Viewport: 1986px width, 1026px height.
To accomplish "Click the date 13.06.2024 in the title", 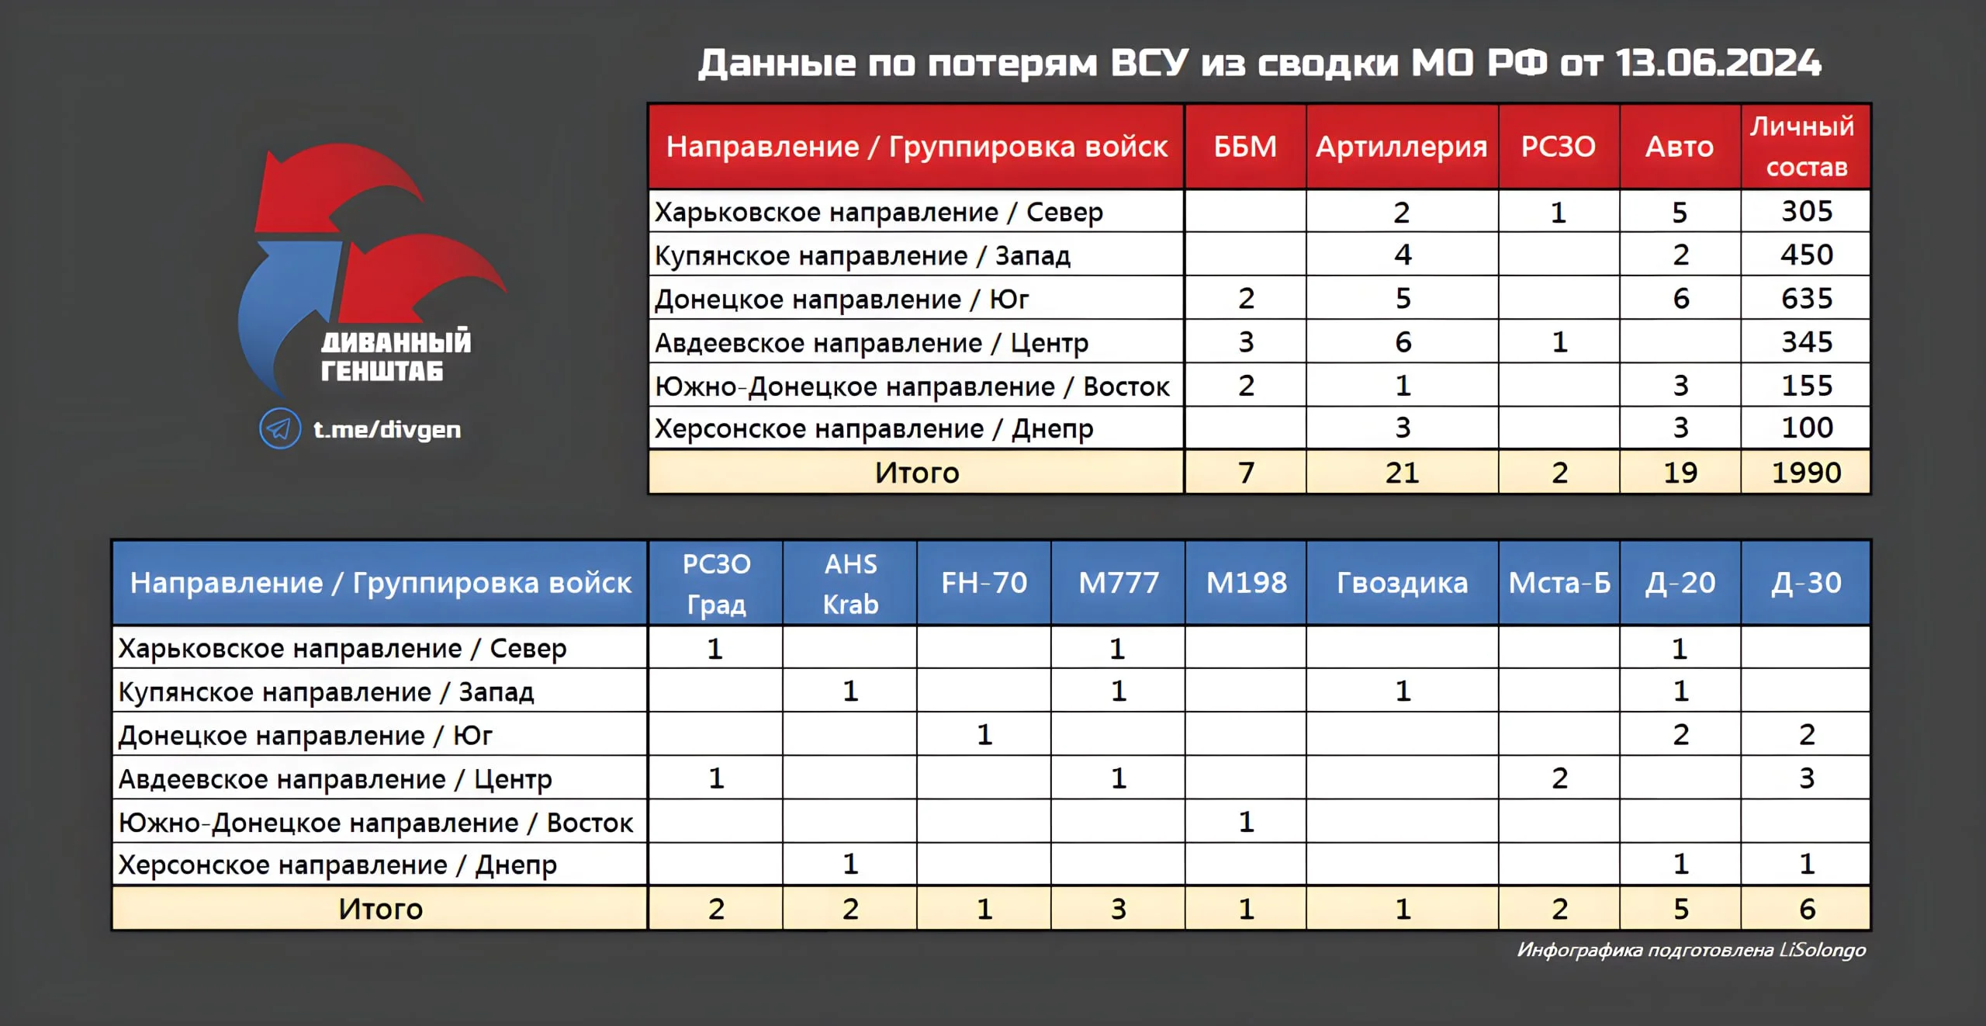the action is pyautogui.click(x=1718, y=63).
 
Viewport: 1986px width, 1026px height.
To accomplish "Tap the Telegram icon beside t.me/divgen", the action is pyautogui.click(x=280, y=428).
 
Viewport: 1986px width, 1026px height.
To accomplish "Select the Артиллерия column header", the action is pyautogui.click(x=1401, y=147).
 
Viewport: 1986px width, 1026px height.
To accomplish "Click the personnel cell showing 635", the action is pyautogui.click(x=1806, y=299).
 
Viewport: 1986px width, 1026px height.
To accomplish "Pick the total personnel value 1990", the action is pyautogui.click(x=1806, y=473).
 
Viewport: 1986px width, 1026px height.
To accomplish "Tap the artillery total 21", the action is pyautogui.click(x=1402, y=473).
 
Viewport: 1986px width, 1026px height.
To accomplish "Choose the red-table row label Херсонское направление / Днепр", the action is pyautogui.click(x=874, y=428).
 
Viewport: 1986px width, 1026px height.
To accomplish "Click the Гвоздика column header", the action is pyautogui.click(x=1402, y=583).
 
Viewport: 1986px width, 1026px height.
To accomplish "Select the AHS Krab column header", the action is pyautogui.click(x=850, y=584).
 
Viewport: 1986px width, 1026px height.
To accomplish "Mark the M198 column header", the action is pyautogui.click(x=1246, y=583).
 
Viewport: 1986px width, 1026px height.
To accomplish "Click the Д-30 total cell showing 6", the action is pyautogui.click(x=1807, y=909).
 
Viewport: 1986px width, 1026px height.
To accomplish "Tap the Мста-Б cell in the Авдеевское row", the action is pyautogui.click(x=1559, y=778).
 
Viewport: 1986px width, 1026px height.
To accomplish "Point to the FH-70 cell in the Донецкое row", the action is pyautogui.click(x=984, y=734).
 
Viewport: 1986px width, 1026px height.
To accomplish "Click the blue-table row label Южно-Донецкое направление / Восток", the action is pyautogui.click(x=375, y=823).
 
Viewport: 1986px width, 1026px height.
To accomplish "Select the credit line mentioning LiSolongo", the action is pyautogui.click(x=1691, y=950).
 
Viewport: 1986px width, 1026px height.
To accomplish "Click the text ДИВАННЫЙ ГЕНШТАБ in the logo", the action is pyautogui.click(x=396, y=356).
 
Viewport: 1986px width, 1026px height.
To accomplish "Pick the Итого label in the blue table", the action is pyautogui.click(x=380, y=909).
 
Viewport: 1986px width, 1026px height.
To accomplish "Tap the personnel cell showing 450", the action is pyautogui.click(x=1806, y=255).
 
